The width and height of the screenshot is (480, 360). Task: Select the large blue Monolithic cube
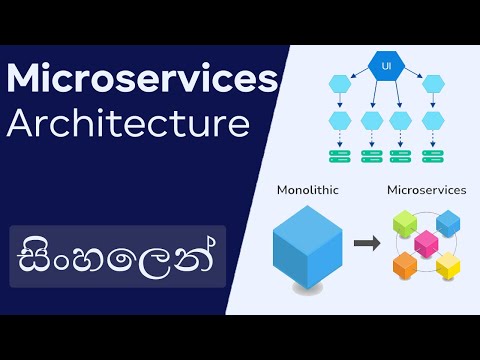coord(306,244)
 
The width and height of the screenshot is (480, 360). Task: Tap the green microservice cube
coord(404,224)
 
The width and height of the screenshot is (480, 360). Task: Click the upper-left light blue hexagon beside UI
coord(341,85)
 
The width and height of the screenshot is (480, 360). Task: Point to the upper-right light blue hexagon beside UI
coord(432,85)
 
